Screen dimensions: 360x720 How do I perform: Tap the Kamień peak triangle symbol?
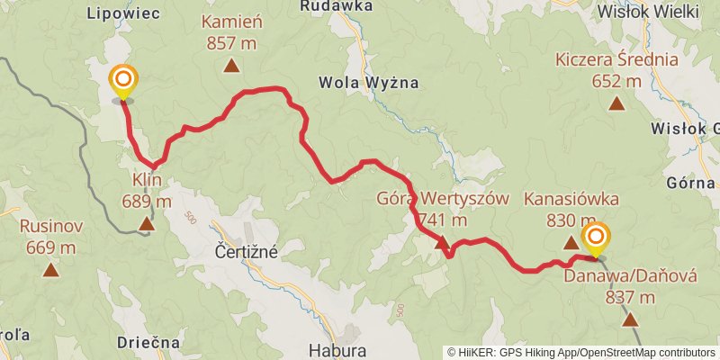(232, 65)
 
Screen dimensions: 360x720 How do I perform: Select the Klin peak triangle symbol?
(146, 221)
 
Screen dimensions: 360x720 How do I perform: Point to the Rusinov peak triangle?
(50, 268)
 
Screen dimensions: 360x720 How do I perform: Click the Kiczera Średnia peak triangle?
(616, 103)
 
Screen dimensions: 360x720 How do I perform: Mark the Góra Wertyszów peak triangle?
(441, 242)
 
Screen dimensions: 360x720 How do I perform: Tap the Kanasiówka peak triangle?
(570, 242)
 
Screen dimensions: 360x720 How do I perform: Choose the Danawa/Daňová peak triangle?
(630, 319)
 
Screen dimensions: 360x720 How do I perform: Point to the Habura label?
(337, 349)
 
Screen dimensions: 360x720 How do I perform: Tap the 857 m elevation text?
(232, 41)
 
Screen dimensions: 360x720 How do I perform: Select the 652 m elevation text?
(616, 81)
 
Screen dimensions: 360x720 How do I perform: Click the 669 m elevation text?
(50, 247)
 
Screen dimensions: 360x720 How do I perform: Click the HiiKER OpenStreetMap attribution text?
(581, 353)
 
